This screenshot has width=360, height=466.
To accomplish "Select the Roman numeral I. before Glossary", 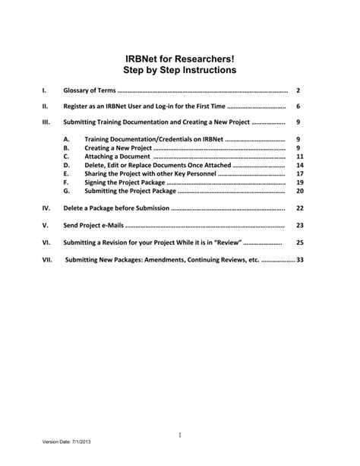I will pyautogui.click(x=45, y=90).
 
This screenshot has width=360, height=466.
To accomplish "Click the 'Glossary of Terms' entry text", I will pyautogui.click(x=90, y=90).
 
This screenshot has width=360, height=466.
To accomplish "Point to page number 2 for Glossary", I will pyautogui.click(x=299, y=90).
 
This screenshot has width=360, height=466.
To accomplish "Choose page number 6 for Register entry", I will pyautogui.click(x=299, y=106).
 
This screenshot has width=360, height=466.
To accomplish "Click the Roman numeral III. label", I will pyautogui.click(x=46, y=122).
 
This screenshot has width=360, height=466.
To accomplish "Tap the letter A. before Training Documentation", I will pyautogui.click(x=67, y=140).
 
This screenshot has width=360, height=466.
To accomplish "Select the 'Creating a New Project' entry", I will pyautogui.click(x=118, y=148).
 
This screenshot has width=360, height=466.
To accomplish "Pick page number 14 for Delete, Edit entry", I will pyautogui.click(x=299, y=165).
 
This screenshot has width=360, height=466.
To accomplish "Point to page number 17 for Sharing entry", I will pyautogui.click(x=299, y=174).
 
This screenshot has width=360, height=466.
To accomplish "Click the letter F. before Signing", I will pyautogui.click(x=66, y=182).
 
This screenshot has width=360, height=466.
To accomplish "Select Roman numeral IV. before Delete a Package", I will pyautogui.click(x=46, y=208).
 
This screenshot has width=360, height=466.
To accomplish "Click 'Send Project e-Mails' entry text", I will pyautogui.click(x=93, y=226).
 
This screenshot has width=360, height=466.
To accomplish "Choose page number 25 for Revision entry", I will pyautogui.click(x=299, y=243).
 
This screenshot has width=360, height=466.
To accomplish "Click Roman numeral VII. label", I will pyautogui.click(x=48, y=259).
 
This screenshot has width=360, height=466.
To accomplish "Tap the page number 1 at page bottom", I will pyautogui.click(x=180, y=435).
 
